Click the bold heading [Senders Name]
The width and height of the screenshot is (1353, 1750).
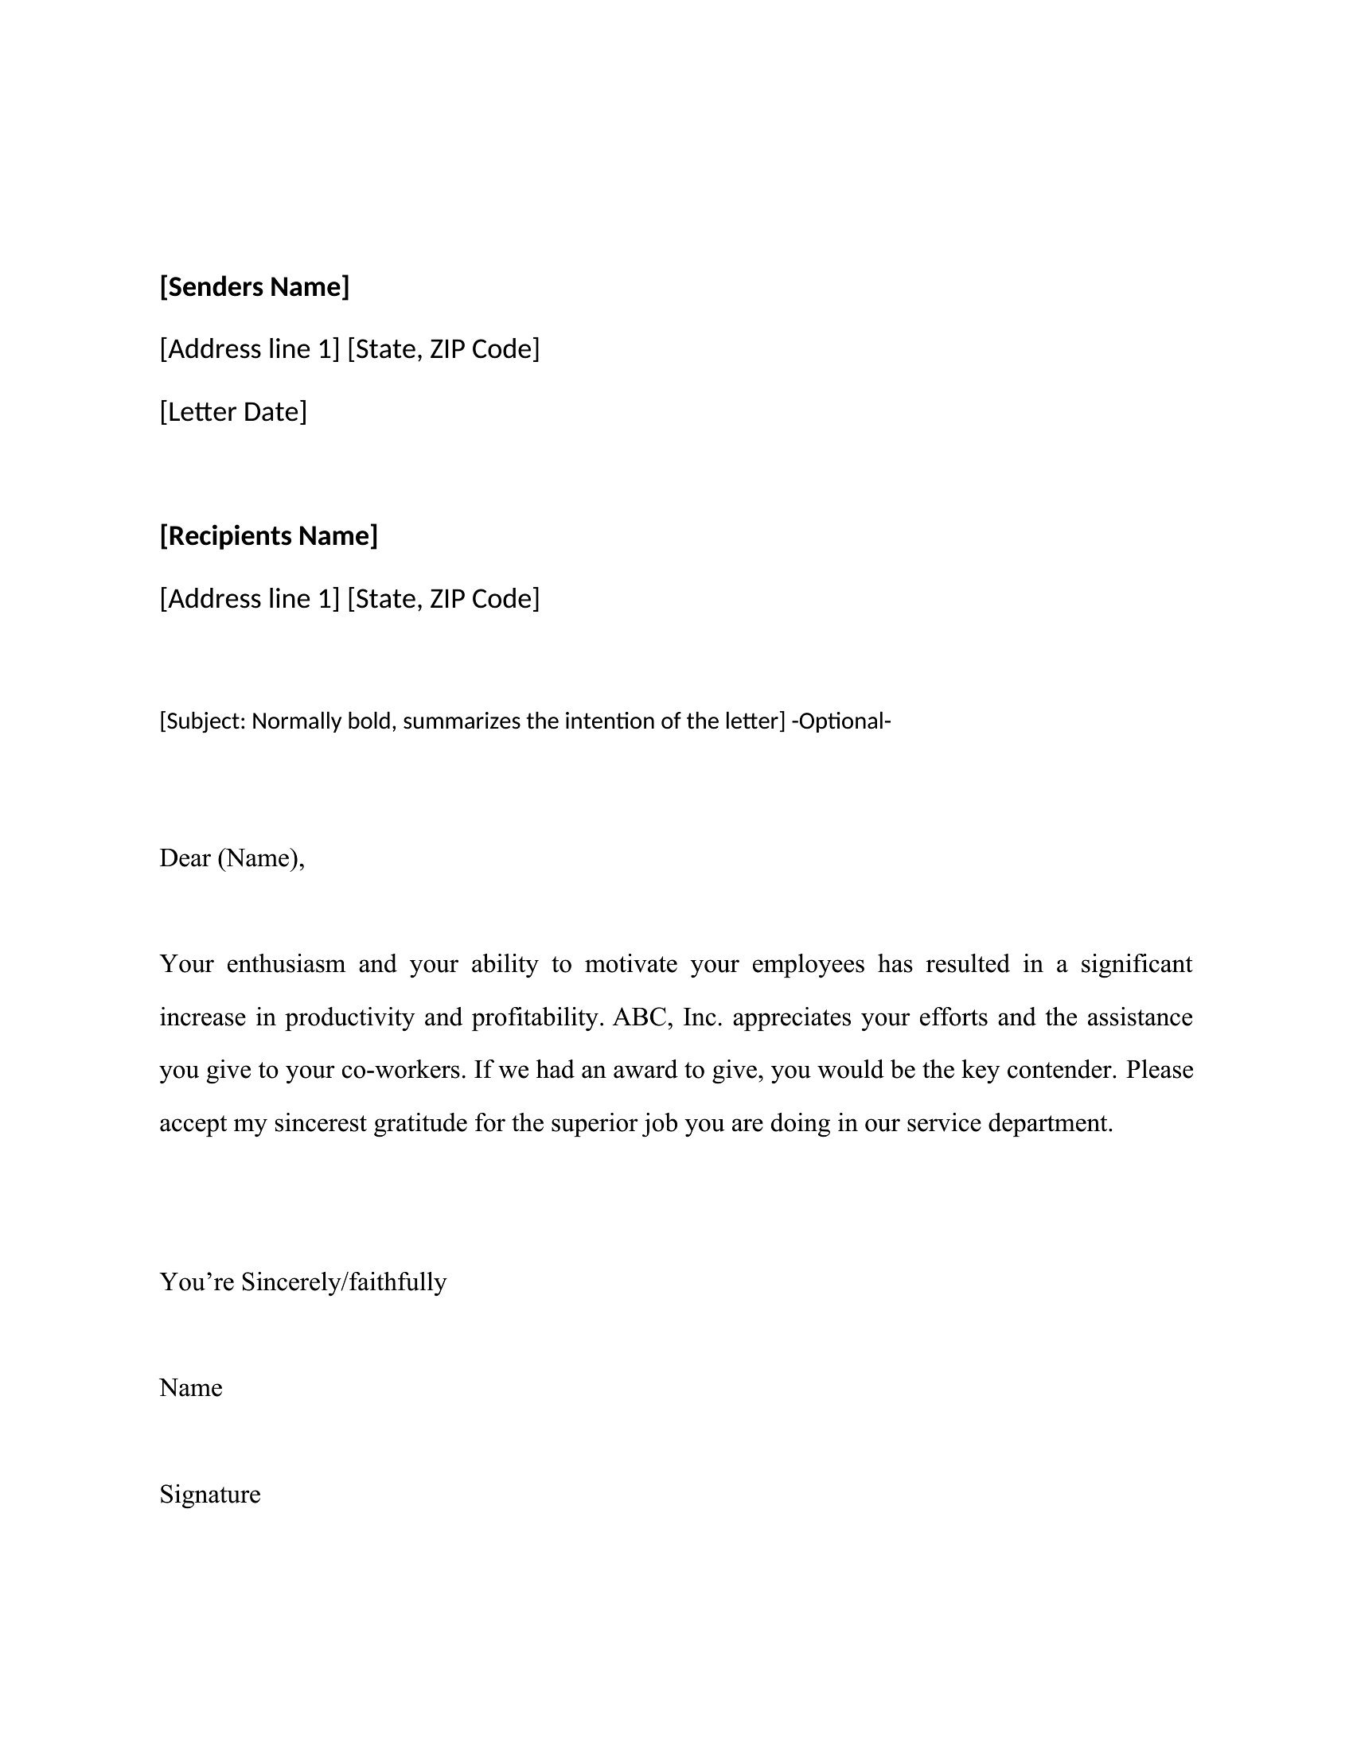[254, 286]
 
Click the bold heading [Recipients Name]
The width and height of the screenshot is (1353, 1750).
[268, 535]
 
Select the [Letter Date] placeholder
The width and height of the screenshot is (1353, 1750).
[232, 411]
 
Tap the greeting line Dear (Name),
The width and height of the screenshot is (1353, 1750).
[232, 858]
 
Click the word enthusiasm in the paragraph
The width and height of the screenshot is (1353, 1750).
[286, 964]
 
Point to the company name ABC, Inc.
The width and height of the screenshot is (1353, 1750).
[668, 1017]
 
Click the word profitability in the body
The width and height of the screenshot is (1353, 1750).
[536, 1017]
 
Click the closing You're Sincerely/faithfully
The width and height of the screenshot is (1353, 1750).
[303, 1282]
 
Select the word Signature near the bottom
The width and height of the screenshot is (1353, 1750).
[210, 1495]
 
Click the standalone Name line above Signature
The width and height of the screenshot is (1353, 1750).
[191, 1388]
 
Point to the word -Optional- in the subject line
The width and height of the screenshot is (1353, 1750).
[840, 721]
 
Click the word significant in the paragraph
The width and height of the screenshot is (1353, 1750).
[1136, 964]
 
